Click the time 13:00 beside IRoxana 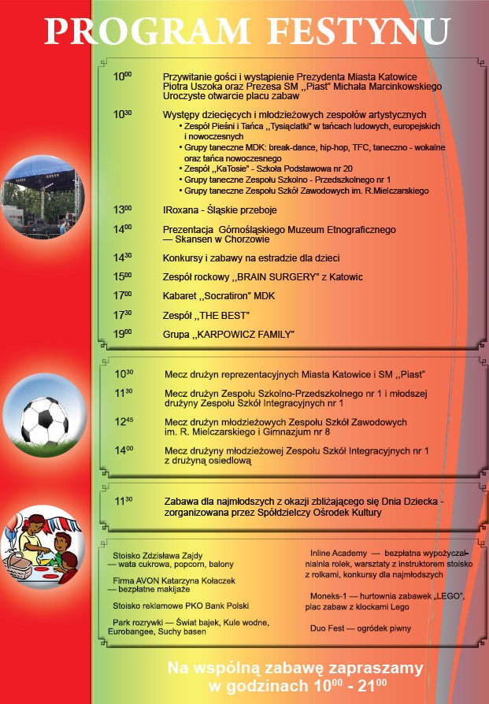122,210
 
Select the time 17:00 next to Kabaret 122,295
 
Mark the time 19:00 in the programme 122,334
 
